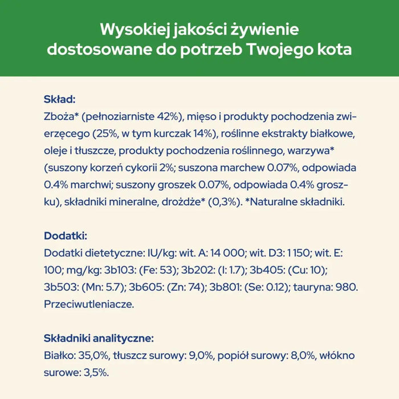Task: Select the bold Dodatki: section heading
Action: (x=66, y=235)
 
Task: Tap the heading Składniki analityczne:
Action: (x=98, y=338)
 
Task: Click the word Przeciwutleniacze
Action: (x=88, y=304)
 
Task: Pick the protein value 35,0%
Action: (x=91, y=356)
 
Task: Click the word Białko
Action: (x=58, y=356)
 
